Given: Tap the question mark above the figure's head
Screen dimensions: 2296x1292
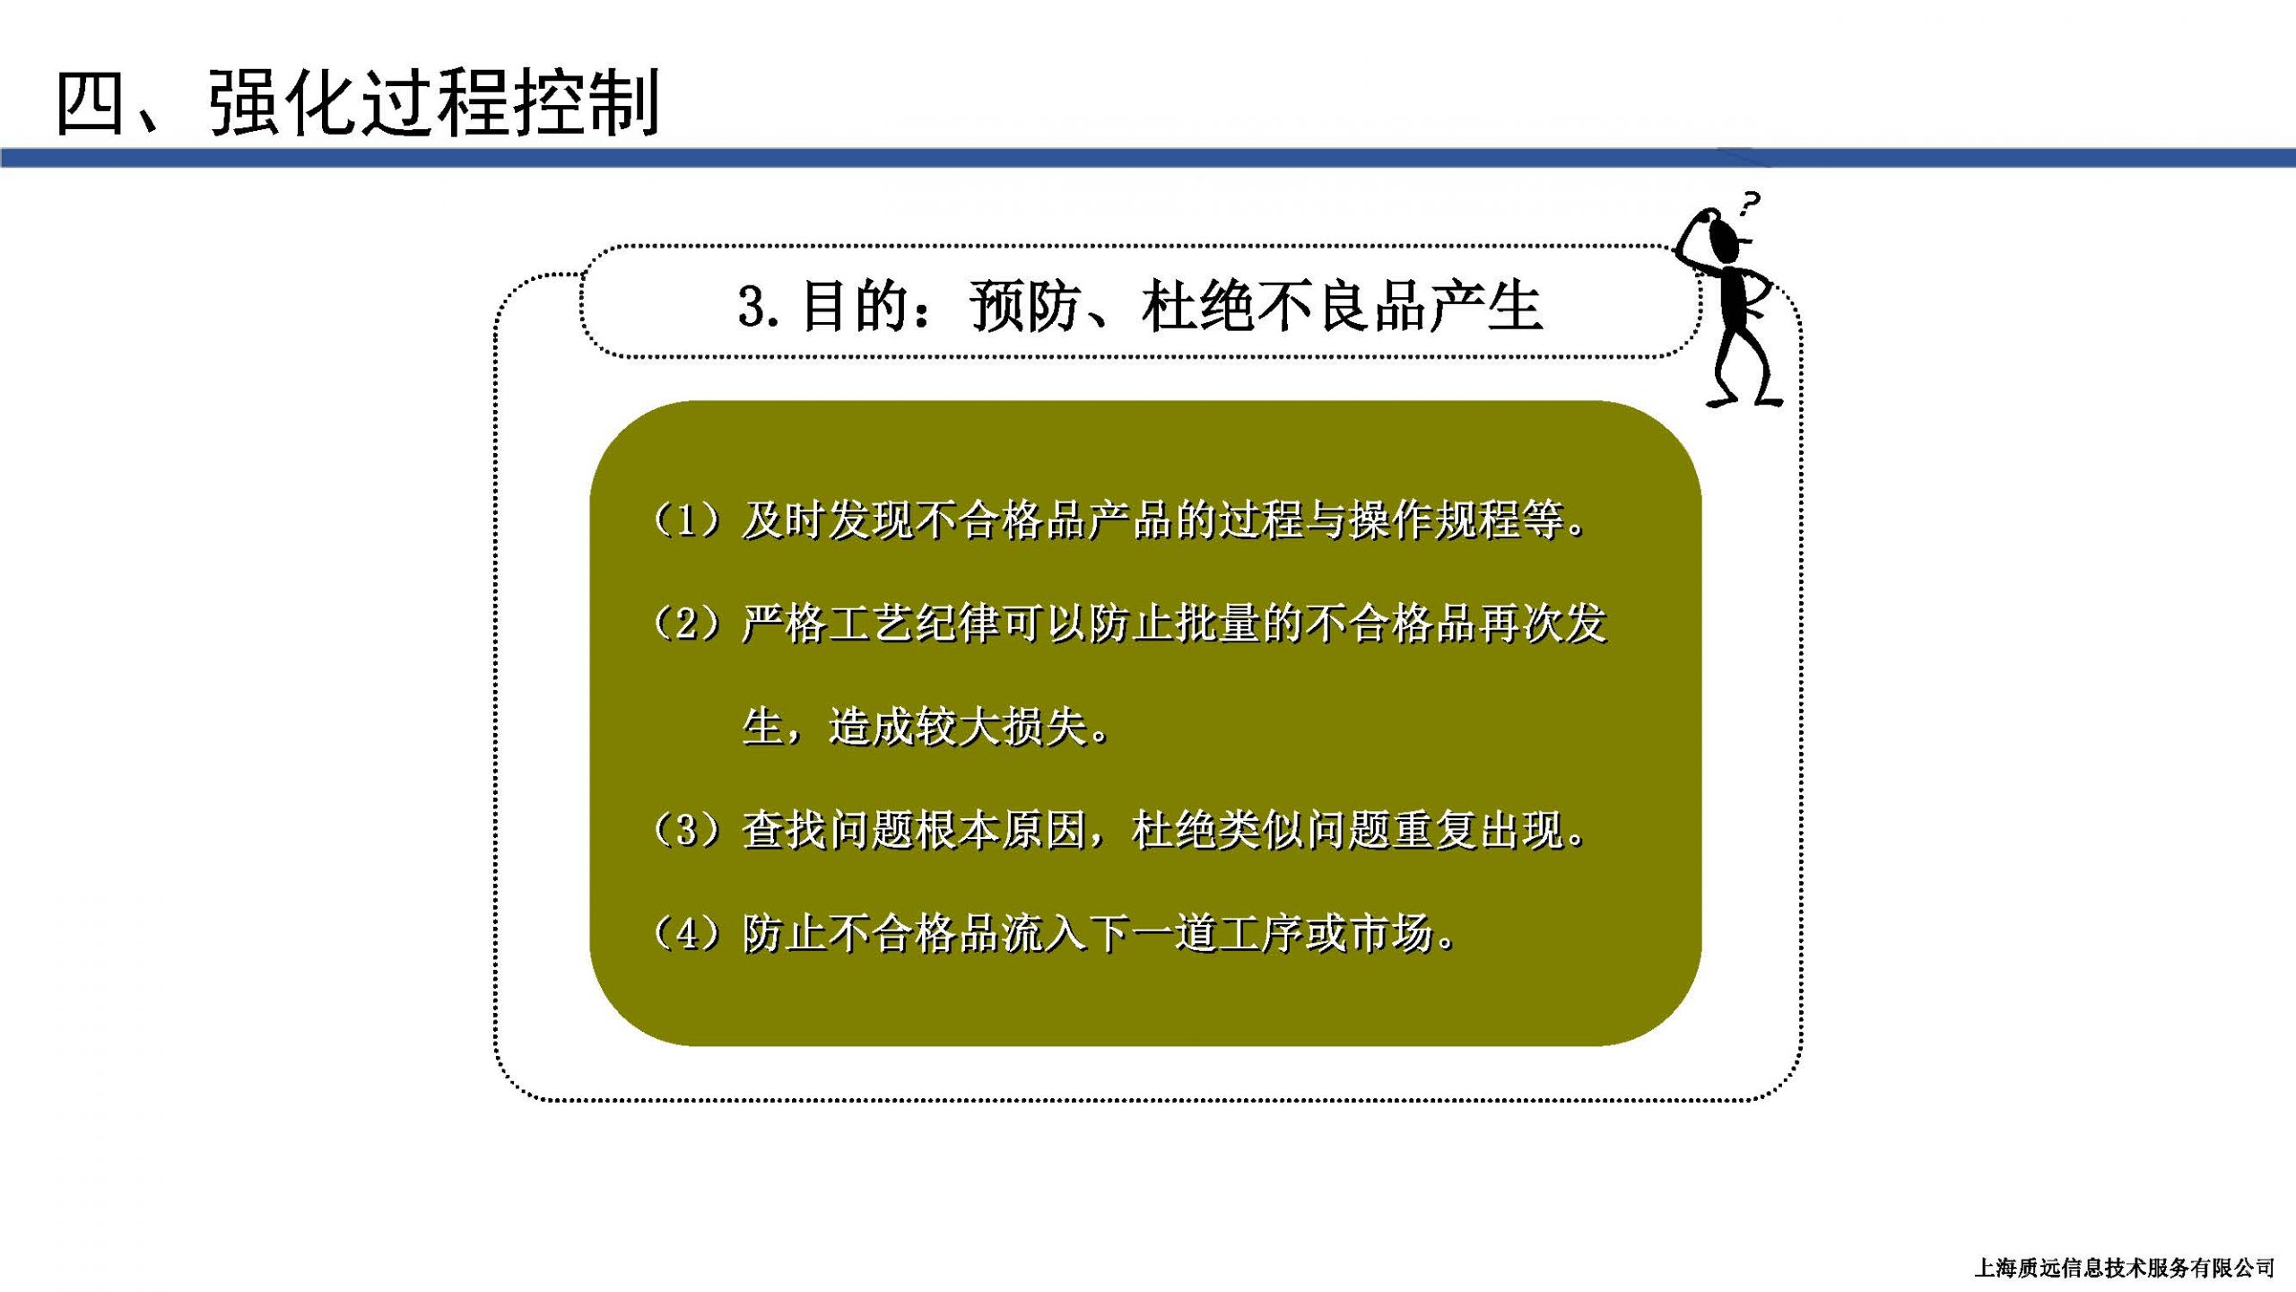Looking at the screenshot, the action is tap(1748, 204).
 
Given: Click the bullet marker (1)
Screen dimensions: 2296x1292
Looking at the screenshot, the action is tap(687, 521).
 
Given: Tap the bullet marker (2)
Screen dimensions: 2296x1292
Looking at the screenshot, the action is tap(687, 624).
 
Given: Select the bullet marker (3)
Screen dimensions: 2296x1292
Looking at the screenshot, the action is tap(687, 831).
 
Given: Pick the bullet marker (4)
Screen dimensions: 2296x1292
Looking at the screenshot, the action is tap(687, 934).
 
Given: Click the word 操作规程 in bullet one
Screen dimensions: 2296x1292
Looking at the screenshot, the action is tap(1436, 521).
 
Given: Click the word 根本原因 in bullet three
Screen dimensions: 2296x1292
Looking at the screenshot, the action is tap(1001, 831).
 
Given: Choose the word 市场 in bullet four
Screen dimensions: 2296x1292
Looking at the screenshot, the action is tap(1392, 934).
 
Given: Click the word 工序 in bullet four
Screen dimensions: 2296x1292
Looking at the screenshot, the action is tap(1262, 934).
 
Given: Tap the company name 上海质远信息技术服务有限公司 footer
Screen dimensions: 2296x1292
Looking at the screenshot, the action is tap(2124, 1268).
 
